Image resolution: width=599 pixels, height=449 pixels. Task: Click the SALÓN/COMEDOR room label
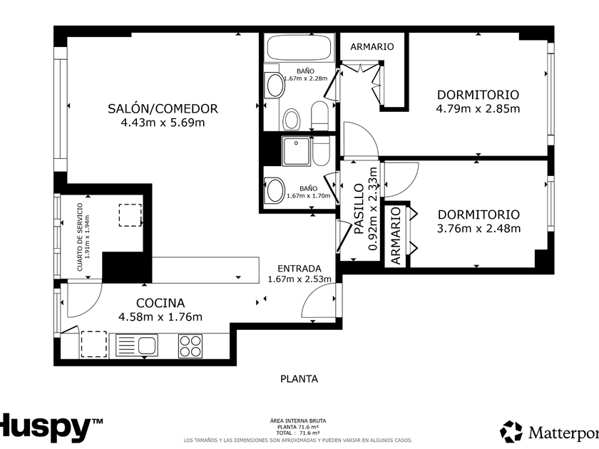pos(163,109)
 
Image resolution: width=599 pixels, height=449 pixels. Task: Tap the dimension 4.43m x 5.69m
pos(163,123)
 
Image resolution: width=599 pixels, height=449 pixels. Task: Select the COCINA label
pos(160,303)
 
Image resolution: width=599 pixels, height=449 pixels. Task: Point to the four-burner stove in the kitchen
pos(190,346)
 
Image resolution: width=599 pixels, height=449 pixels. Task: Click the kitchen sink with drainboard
pos(136,346)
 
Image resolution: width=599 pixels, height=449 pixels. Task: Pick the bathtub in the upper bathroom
pos(299,48)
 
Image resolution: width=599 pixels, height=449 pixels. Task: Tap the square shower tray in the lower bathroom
pos(296,151)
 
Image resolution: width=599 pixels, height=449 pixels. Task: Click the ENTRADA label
pos(299,269)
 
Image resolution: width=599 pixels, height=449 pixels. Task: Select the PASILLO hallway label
pos(359,208)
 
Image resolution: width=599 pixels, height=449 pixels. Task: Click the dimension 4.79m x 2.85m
pos(478,108)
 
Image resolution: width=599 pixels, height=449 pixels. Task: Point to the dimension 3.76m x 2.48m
pos(478,228)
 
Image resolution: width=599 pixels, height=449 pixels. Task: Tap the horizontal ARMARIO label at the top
pos(372,46)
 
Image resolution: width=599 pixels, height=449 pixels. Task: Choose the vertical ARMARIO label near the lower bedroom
pos(396,236)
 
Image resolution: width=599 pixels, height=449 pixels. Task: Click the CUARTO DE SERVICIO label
pos(80,237)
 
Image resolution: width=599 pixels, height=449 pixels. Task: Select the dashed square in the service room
pos(130,215)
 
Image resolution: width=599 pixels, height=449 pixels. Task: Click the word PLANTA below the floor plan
pos(299,378)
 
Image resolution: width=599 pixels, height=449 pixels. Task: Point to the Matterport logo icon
pos(511,431)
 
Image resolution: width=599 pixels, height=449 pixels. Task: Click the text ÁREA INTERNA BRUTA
pos(298,420)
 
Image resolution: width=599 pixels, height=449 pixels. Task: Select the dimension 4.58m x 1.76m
pos(160,317)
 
